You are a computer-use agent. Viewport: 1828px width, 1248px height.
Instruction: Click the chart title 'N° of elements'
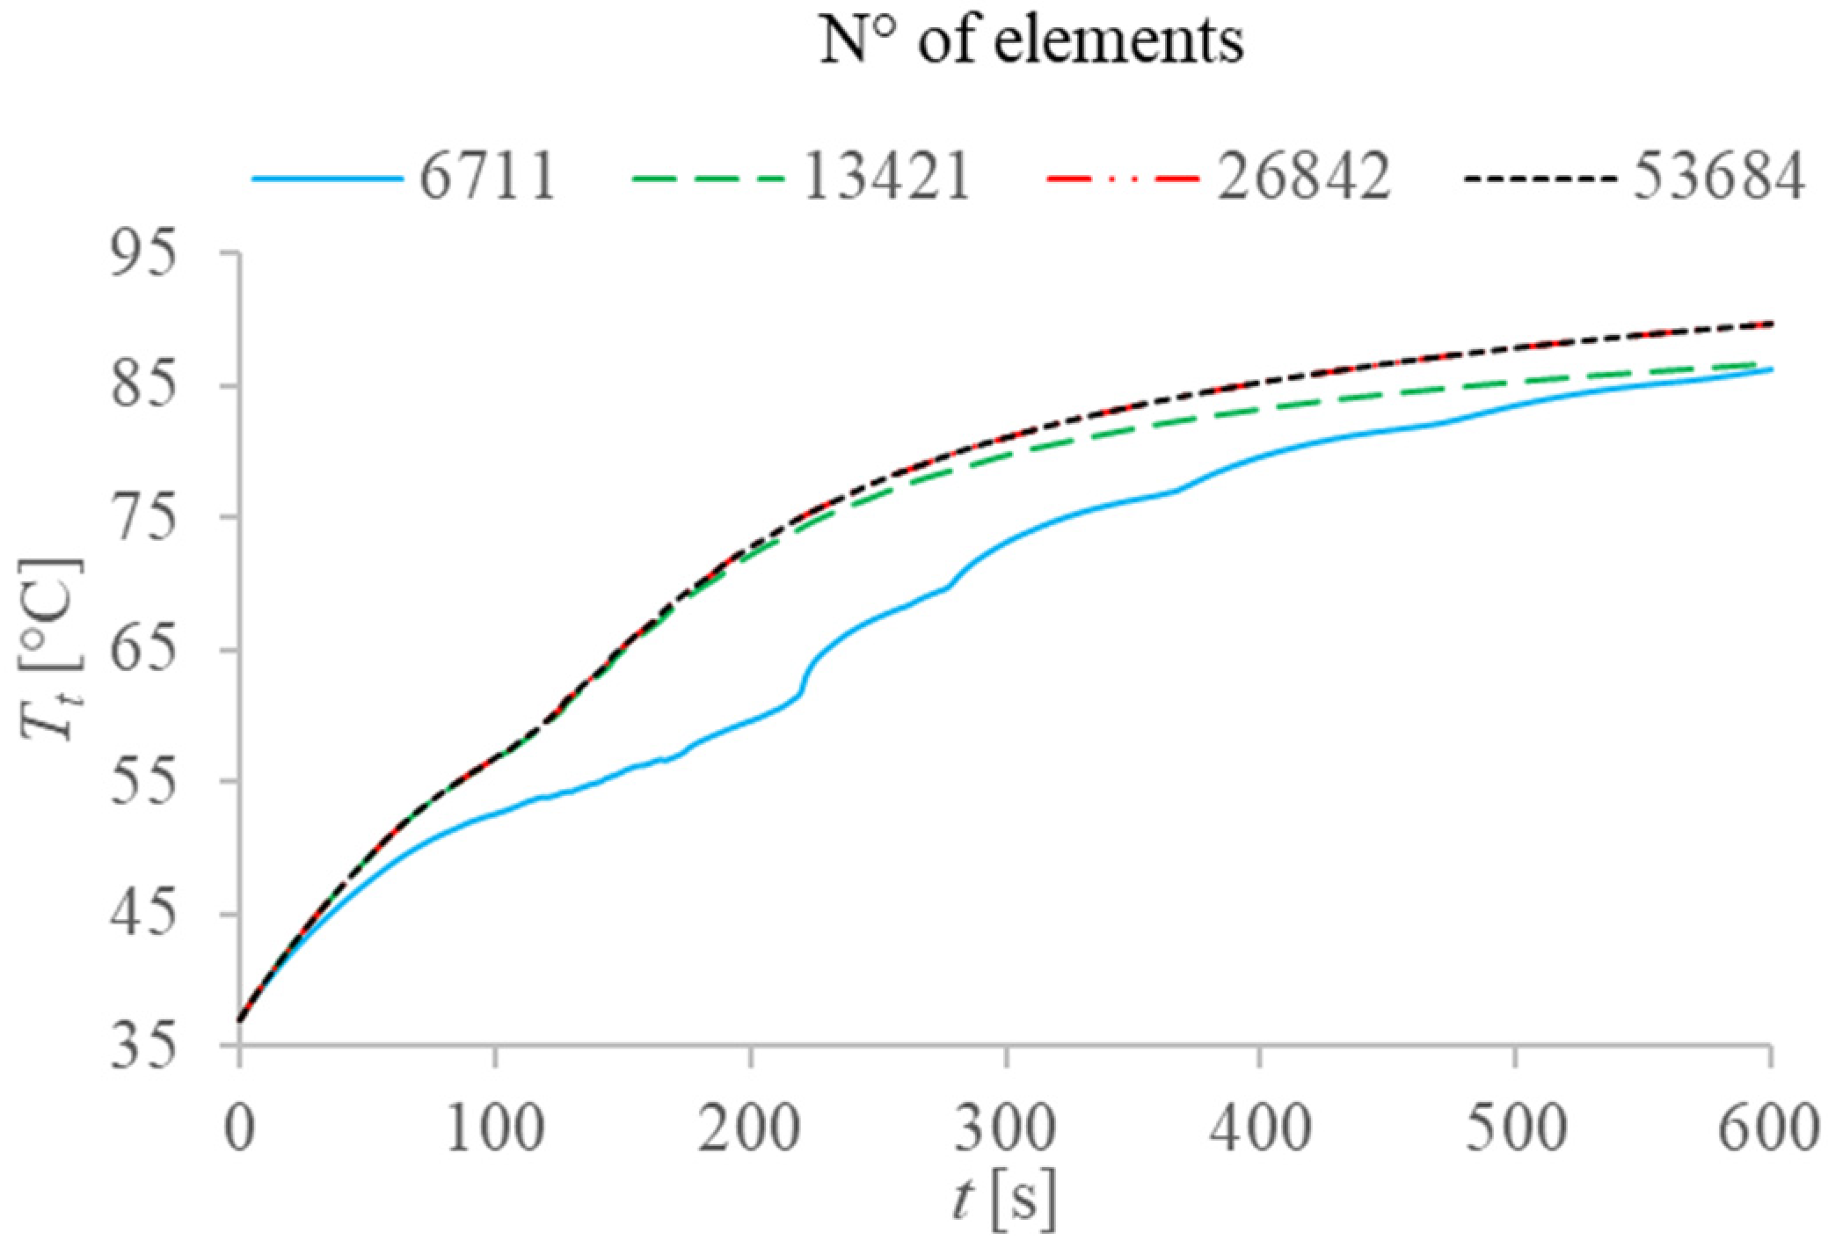click(x=1031, y=40)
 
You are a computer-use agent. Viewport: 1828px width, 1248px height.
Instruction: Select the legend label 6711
click(x=487, y=177)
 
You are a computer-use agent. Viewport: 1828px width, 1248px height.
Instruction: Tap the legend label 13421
click(x=886, y=177)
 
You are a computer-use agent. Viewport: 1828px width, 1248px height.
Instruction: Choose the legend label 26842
click(x=1303, y=177)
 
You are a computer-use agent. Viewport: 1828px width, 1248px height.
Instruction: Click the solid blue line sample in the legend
click(x=327, y=179)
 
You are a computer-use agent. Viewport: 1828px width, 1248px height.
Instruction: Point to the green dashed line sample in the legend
click(x=707, y=179)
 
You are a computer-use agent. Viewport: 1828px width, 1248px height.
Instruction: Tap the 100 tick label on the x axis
click(x=495, y=1128)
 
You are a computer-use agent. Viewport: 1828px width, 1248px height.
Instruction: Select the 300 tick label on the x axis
click(x=1005, y=1128)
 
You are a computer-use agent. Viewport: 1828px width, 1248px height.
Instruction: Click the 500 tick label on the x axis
click(x=1515, y=1128)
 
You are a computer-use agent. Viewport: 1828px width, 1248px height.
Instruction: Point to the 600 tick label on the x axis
click(x=1767, y=1128)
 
